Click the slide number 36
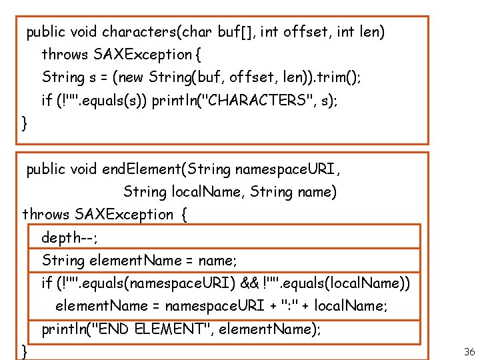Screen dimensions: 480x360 coord(468,351)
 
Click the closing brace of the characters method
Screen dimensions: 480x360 coord(25,123)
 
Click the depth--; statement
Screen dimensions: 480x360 coord(69,237)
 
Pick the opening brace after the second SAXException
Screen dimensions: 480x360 coord(184,215)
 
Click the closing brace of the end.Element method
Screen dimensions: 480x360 coord(25,351)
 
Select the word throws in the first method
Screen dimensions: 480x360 coord(65,54)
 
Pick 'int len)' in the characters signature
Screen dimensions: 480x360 coord(361,31)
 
